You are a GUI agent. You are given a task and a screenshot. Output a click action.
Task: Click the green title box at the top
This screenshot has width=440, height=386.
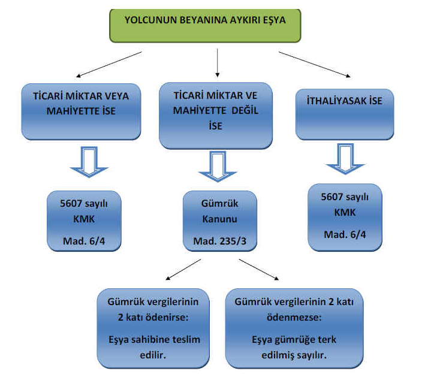point(205,25)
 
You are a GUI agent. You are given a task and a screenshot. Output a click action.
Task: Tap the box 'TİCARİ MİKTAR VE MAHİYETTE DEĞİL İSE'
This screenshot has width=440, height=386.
point(216,114)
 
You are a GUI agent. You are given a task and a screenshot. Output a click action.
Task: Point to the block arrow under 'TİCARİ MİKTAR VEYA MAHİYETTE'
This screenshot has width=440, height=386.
point(89,162)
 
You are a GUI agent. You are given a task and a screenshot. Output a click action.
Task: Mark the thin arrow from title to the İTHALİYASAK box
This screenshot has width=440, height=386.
point(315,64)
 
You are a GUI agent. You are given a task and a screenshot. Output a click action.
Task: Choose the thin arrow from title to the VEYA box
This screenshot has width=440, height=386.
point(109,65)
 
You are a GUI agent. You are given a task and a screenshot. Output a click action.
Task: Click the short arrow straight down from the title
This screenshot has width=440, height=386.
point(217,62)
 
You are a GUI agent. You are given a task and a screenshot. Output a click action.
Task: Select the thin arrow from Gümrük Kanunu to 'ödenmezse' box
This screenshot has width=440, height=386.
point(258,269)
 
